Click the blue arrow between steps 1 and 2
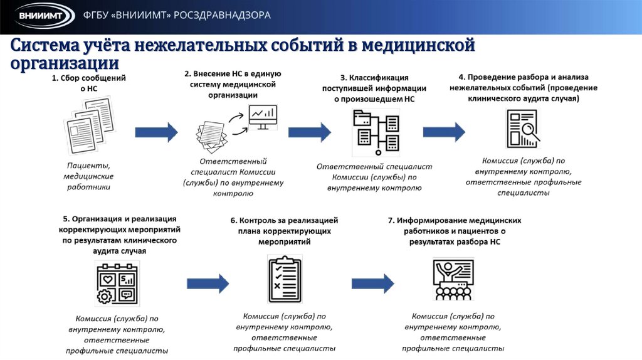157,132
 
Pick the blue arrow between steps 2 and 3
309,132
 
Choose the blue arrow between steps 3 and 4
444,132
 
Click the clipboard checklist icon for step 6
284,279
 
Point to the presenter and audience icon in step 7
453,279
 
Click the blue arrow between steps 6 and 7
372,282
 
